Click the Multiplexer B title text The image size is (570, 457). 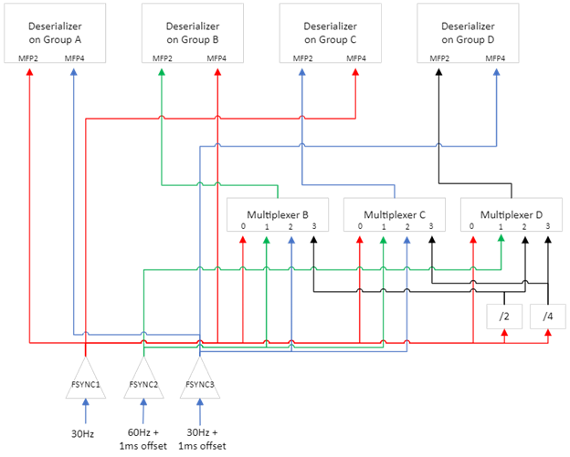(278, 214)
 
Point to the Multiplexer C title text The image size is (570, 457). (395, 214)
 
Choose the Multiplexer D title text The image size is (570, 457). (512, 214)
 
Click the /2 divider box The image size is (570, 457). (504, 316)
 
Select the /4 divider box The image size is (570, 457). (547, 316)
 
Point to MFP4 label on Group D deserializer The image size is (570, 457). (496, 58)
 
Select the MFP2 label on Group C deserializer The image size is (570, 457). (302, 58)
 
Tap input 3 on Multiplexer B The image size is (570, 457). (312, 226)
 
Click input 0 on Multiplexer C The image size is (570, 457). (360, 226)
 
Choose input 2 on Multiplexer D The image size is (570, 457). (523, 226)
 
